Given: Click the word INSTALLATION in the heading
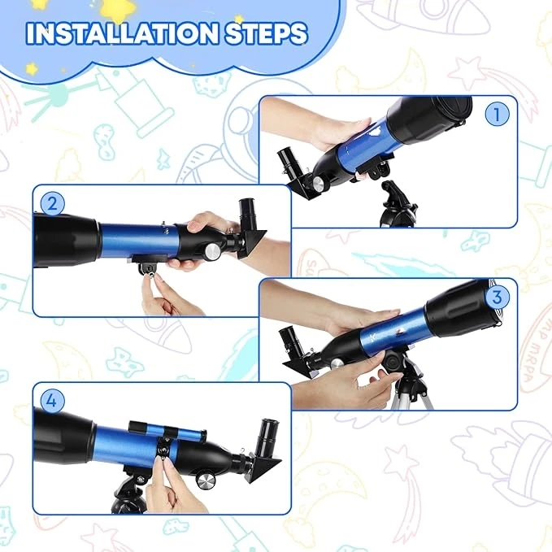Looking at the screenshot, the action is pos(122,34).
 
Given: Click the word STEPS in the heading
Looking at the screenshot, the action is pos(266,34).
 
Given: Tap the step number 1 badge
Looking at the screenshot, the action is pos(497,114).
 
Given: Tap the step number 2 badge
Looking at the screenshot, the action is pos(52,203).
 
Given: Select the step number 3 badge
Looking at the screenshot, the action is pos(497,297).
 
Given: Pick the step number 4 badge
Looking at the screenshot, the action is pos(52,401).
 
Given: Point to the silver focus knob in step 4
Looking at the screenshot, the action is pos(205,481).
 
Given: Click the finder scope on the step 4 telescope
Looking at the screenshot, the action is pos(167,432).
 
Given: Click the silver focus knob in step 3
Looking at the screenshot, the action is pos(337,364).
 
